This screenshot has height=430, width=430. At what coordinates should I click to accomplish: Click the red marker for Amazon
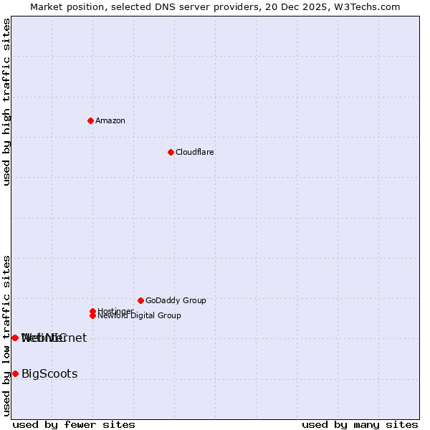[x=90, y=120]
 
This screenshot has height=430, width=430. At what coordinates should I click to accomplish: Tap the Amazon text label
[x=110, y=120]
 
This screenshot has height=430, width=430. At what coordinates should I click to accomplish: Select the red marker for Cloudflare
[x=171, y=152]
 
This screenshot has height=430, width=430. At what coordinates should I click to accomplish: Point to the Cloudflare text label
[x=195, y=152]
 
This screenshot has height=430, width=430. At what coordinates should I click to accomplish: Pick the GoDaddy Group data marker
[x=140, y=300]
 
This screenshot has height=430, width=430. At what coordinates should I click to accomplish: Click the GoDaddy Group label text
[x=176, y=300]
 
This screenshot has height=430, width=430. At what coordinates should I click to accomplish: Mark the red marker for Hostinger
[x=92, y=311]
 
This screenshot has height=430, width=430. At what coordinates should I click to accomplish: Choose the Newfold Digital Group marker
[x=92, y=315]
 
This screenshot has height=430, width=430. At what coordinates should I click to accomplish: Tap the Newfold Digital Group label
[x=140, y=315]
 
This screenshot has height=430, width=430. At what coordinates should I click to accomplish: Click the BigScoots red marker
[x=15, y=373]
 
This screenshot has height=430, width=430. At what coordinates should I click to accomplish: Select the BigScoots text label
[x=49, y=373]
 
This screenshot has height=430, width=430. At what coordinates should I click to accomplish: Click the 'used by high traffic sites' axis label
[x=7, y=102]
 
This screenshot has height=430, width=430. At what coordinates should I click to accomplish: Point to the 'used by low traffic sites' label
[x=7, y=335]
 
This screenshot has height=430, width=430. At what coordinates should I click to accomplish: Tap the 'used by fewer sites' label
[x=74, y=424]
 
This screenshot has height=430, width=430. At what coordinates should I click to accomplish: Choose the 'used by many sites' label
[x=360, y=424]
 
